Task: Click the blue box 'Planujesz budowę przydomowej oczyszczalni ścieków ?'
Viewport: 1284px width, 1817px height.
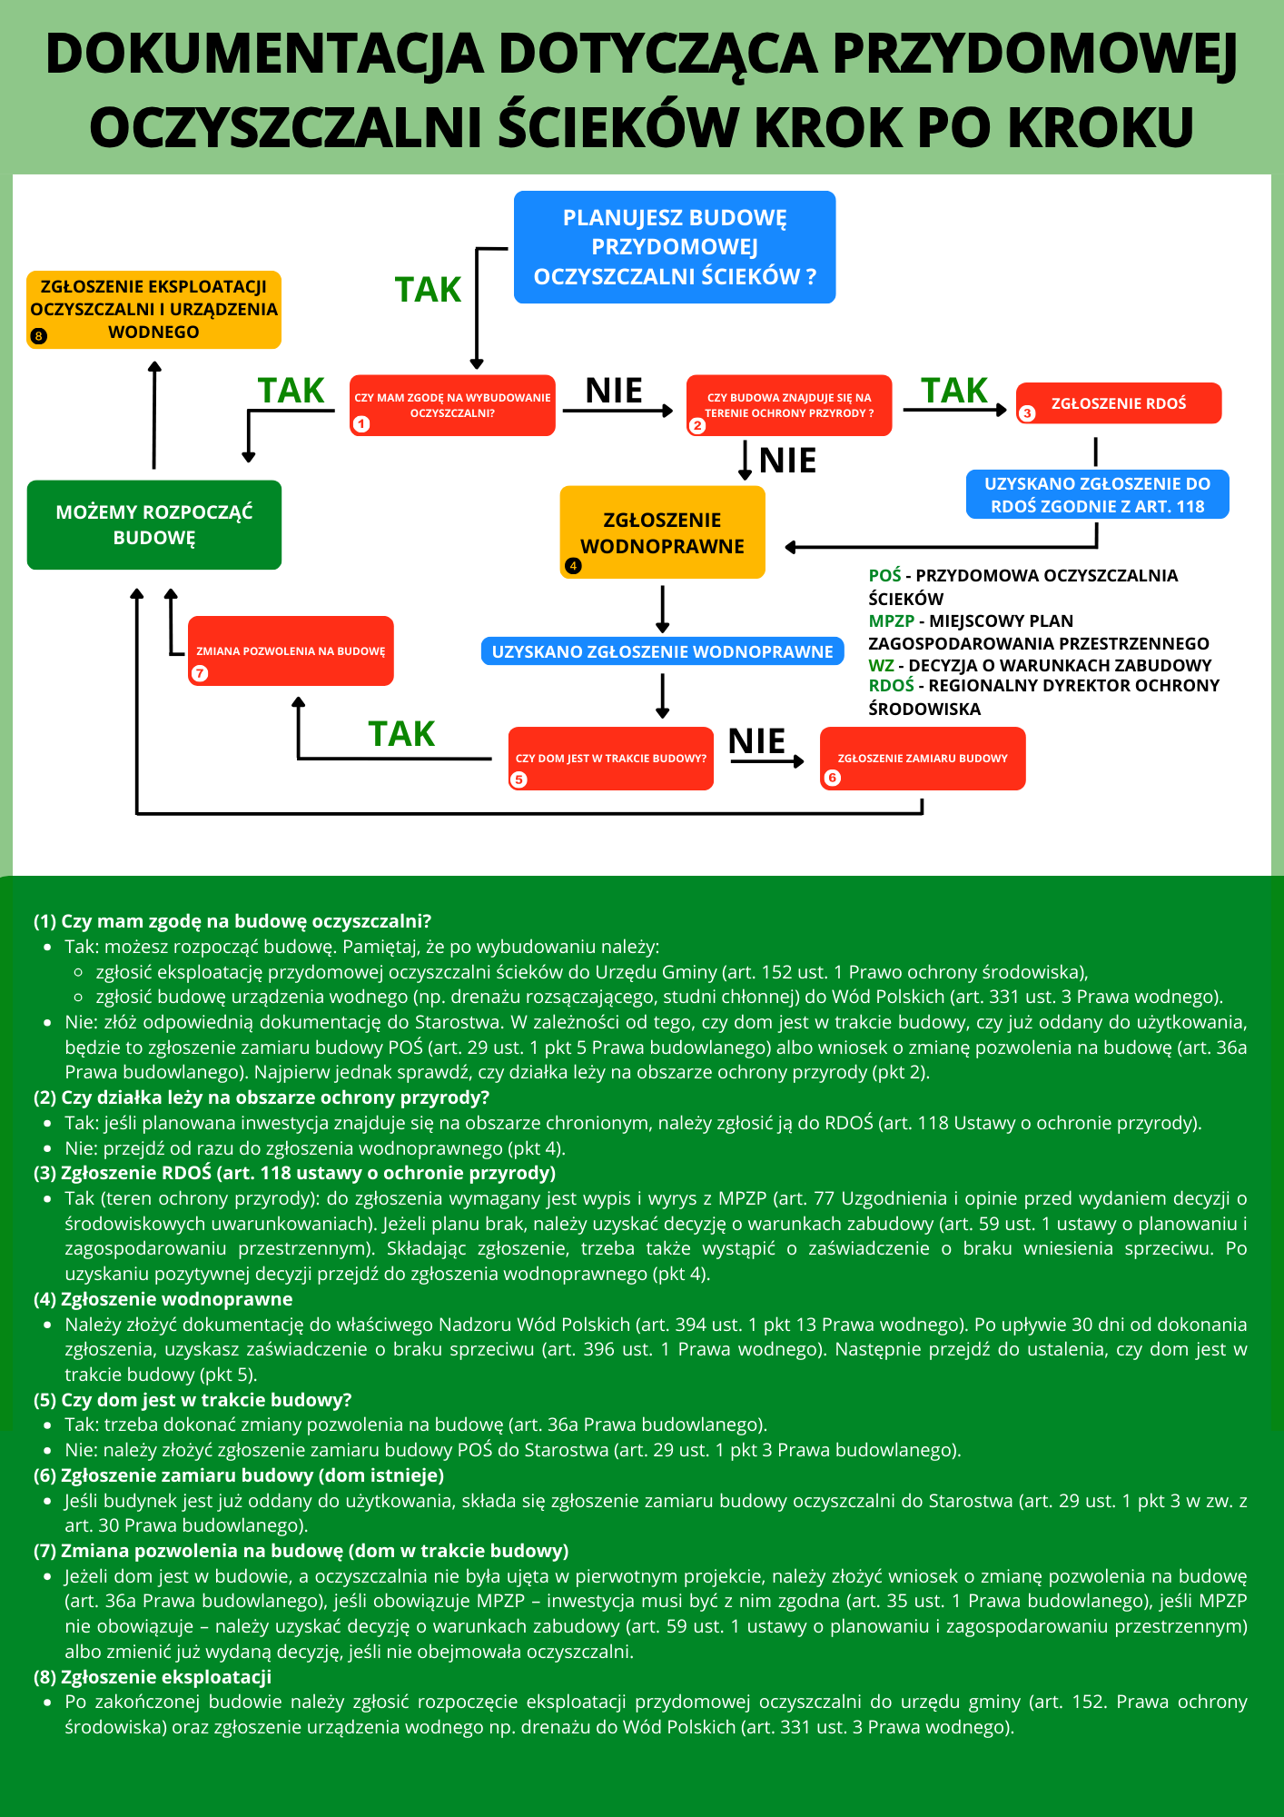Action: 674,247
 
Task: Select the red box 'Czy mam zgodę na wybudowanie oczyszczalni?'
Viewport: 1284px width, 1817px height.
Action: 452,405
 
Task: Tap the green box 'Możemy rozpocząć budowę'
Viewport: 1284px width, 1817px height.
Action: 154,525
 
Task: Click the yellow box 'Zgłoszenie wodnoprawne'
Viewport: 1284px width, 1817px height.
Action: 662,532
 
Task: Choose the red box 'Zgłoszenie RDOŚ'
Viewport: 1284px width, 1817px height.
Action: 1119,403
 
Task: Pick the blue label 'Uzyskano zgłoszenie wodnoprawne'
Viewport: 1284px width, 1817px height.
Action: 662,651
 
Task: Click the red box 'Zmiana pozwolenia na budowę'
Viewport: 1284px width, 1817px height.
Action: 291,650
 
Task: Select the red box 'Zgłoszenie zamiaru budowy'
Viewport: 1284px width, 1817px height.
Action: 923,759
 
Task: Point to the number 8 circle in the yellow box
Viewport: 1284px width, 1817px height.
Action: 38,336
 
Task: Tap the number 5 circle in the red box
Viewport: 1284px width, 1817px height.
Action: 519,779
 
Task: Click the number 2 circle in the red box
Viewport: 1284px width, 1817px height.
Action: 697,425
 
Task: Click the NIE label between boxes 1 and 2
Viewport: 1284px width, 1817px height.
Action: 614,391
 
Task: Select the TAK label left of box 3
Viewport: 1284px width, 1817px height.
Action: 954,391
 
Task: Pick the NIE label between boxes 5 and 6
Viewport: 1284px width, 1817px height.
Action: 756,741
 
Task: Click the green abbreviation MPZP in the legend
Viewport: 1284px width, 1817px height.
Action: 891,621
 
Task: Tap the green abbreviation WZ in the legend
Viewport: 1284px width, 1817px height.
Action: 880,665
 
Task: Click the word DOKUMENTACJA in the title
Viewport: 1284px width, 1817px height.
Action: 263,55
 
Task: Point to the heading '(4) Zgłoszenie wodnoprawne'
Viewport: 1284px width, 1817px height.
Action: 163,1299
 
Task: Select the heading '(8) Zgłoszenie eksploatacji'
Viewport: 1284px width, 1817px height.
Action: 153,1677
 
